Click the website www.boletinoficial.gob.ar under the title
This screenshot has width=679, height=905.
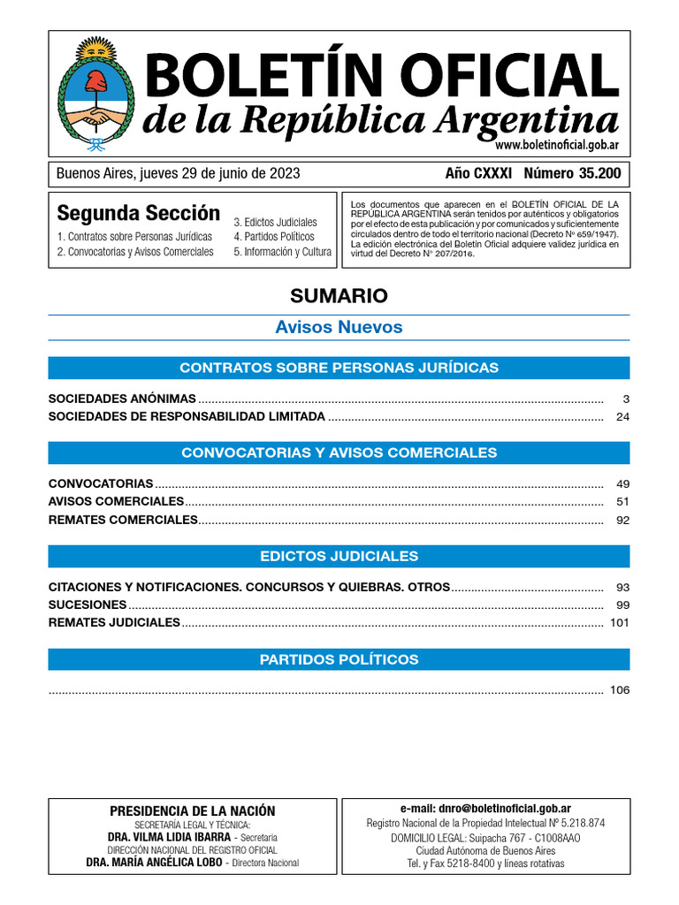coord(556,145)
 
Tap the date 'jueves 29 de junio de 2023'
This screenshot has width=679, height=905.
coord(217,173)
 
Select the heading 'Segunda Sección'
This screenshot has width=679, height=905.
coord(138,213)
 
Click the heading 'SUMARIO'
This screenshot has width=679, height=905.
coord(339,295)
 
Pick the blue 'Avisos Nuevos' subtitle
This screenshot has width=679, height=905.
coord(339,327)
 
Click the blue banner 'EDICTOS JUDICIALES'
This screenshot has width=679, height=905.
coord(339,556)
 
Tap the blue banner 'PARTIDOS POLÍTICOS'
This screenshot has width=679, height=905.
coord(339,659)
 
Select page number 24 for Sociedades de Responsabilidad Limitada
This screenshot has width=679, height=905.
coord(622,416)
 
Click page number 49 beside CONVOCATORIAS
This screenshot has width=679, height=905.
coord(622,484)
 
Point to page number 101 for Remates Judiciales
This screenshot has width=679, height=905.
coord(620,622)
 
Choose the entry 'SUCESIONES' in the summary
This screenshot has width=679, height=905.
coord(88,605)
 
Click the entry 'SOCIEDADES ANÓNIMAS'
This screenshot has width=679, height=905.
coord(122,399)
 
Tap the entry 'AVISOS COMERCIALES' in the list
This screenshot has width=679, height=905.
coord(116,502)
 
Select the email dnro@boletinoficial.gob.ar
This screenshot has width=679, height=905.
coord(485,808)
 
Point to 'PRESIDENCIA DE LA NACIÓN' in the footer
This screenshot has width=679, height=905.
coord(192,810)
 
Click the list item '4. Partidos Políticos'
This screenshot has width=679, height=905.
coord(274,237)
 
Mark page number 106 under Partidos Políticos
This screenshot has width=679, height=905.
coord(620,690)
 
